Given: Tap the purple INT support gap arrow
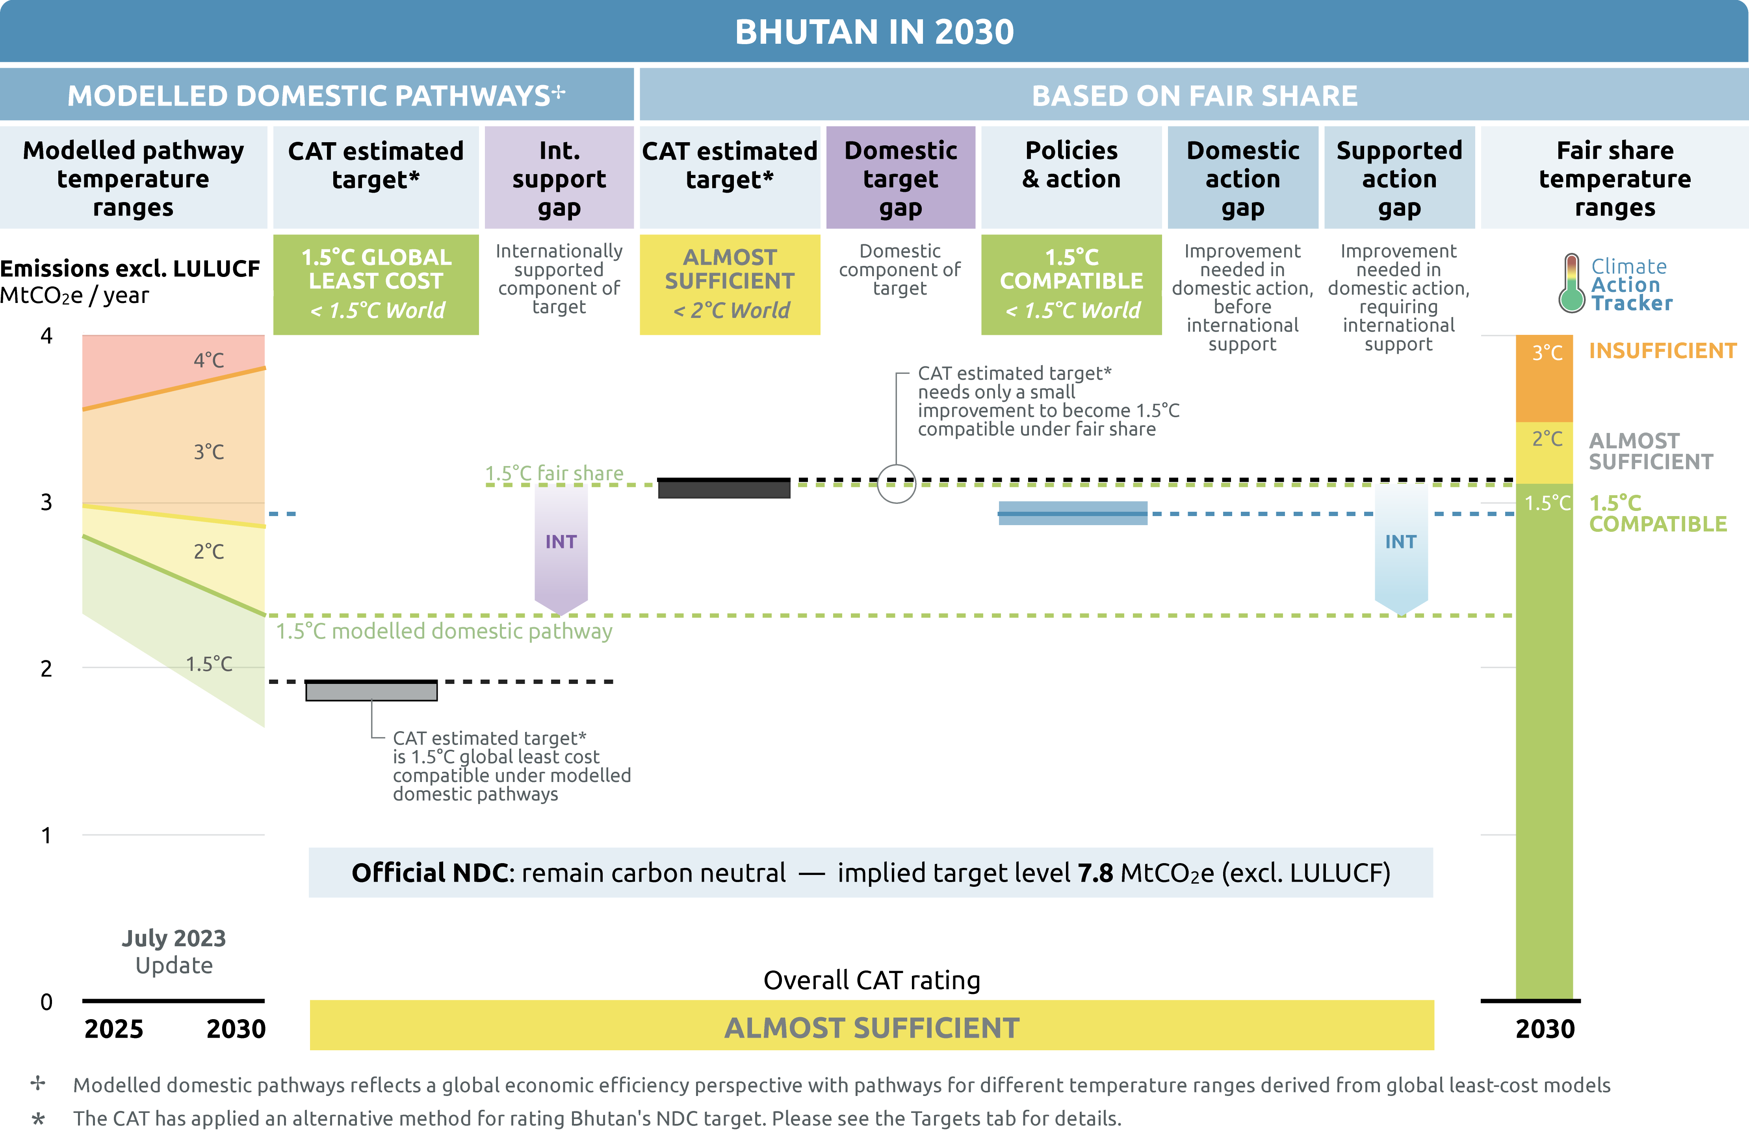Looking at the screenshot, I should click(x=561, y=548).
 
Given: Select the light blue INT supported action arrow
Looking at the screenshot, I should click(x=1401, y=548).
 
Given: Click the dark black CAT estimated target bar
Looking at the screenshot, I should click(x=724, y=488).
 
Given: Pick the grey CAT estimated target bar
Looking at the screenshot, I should click(x=371, y=691).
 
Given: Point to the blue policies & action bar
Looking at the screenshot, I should click(x=1072, y=513).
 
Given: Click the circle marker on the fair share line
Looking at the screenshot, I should click(x=897, y=483).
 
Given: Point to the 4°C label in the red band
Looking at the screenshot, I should click(x=209, y=360).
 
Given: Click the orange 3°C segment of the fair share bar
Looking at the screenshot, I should click(x=1544, y=379).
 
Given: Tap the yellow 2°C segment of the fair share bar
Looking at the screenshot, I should click(x=1544, y=452).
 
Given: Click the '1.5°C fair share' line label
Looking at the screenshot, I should click(x=554, y=473).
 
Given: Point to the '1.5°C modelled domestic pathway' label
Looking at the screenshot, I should click(x=444, y=631).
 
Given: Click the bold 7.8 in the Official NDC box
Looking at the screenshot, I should click(x=1095, y=873).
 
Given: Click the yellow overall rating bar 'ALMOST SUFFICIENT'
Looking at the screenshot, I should click(x=872, y=1027).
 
